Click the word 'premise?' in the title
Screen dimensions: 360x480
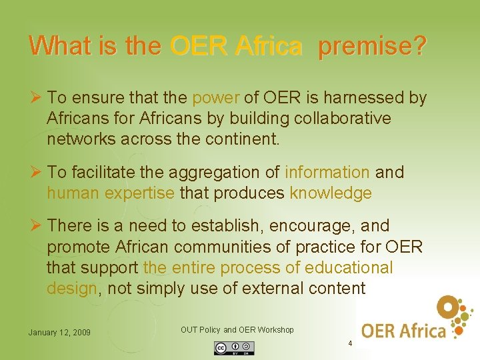click(x=372, y=45)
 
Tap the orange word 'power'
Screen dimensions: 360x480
click(x=215, y=98)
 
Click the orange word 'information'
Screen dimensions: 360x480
click(x=327, y=172)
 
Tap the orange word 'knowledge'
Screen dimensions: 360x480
click(x=331, y=193)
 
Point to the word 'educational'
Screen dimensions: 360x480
click(x=349, y=267)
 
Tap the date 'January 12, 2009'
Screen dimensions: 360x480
click(x=59, y=333)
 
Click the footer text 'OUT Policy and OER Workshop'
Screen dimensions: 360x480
click(x=237, y=330)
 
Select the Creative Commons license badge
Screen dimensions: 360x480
click(x=234, y=347)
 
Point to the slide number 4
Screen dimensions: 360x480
click(x=349, y=343)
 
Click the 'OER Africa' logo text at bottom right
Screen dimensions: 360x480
click(x=403, y=330)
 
